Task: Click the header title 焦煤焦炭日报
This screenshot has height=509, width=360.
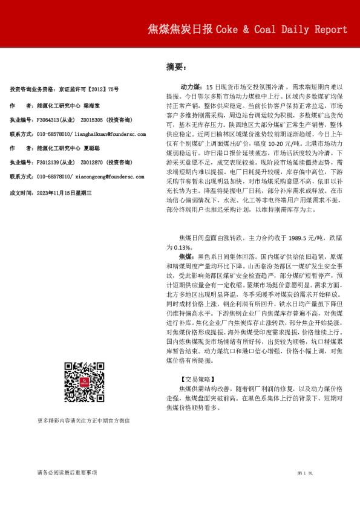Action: pyautogui.click(x=180, y=30)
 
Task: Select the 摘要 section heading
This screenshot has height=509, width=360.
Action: pyautogui.click(x=175, y=66)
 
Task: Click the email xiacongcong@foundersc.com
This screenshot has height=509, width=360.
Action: pyautogui.click(x=109, y=177)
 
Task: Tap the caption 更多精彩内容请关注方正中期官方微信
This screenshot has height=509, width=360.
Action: pyautogui.click(x=83, y=420)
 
